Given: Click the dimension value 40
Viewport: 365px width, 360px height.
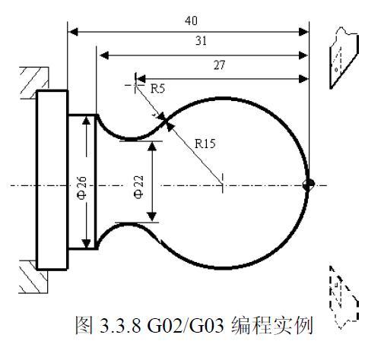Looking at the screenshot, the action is [x=191, y=21].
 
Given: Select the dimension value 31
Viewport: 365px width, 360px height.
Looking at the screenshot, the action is [x=201, y=41].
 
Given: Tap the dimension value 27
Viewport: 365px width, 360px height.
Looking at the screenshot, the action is [x=219, y=65].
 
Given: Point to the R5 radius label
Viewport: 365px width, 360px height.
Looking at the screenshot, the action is [x=157, y=89].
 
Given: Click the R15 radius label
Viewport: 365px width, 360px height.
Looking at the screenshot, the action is [x=205, y=144].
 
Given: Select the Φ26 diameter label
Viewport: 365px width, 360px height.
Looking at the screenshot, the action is [x=82, y=188].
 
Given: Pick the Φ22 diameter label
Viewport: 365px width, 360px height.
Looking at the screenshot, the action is [x=138, y=187].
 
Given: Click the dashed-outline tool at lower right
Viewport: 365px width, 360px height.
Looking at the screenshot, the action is [x=344, y=297].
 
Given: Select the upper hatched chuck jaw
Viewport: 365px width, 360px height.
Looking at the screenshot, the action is [x=34, y=83].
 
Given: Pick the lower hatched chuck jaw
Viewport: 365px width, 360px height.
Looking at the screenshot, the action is [x=33, y=276].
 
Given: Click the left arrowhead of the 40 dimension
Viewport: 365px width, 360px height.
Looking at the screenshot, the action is [x=73, y=32].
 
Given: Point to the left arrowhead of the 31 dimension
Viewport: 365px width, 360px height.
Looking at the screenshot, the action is [x=104, y=55].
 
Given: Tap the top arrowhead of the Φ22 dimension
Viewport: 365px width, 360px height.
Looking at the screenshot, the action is [x=152, y=147].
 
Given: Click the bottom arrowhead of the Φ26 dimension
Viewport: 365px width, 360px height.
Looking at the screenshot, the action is [x=87, y=243].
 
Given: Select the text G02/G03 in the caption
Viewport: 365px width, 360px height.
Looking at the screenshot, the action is [x=186, y=325].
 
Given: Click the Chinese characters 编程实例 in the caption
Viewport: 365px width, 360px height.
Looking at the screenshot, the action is [x=272, y=325].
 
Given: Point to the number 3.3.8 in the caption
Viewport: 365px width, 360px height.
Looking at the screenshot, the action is [x=120, y=326].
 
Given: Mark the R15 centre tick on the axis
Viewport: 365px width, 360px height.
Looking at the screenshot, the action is [x=222, y=183].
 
